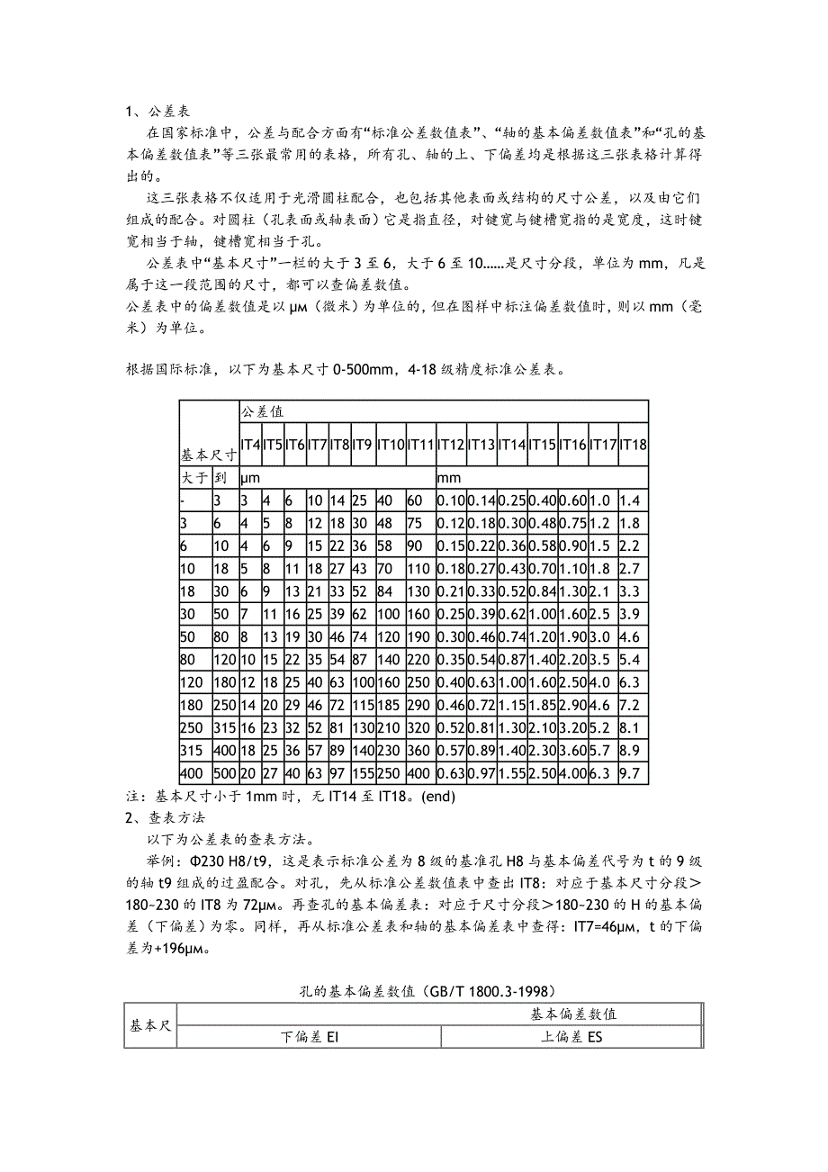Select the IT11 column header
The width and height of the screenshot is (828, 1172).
420,444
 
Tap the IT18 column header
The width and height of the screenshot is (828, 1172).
634,444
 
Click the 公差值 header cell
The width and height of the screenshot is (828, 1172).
262,411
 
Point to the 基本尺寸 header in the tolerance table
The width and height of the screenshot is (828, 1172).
209,455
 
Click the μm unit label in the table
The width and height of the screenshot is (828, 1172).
249,478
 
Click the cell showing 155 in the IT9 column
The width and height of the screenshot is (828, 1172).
363,773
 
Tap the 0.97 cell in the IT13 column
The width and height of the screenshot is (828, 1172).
481,773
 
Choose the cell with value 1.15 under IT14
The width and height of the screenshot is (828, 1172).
512,703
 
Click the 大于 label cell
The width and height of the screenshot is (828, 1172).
194,478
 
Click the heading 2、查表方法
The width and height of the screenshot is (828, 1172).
165,818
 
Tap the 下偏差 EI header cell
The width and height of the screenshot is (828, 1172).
309,1038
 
